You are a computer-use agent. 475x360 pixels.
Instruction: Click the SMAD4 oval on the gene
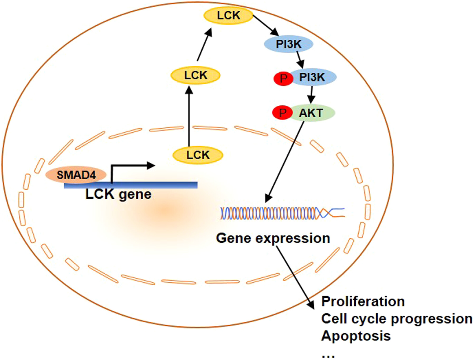pos(76,175)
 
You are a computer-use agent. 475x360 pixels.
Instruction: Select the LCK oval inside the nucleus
pos(198,155)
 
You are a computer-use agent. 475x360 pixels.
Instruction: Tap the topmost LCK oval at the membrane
pos(228,15)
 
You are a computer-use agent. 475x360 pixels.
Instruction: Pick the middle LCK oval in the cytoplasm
pos(196,76)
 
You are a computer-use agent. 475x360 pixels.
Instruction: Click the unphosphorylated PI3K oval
pos(289,44)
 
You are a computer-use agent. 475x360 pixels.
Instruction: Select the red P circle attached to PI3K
pos(283,78)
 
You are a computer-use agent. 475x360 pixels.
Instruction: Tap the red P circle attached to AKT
pos(282,113)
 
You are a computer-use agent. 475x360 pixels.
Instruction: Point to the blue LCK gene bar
pos(131,185)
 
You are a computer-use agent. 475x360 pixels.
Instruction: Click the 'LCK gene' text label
pos(118,194)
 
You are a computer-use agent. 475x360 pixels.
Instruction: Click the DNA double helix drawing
pos(283,213)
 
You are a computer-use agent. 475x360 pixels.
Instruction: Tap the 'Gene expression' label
pos(273,238)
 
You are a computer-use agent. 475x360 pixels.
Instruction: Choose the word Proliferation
pos(363,301)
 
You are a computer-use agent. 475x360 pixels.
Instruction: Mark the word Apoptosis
pos(356,336)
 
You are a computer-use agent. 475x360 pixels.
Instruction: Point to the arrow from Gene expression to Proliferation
pos(295,277)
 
